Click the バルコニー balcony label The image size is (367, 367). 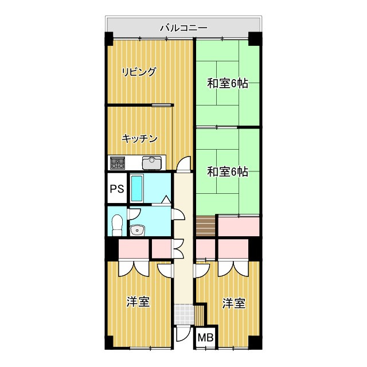tap(183, 26)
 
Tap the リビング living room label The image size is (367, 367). tap(139, 72)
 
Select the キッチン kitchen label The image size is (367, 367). tap(139, 138)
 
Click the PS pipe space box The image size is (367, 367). tap(117, 189)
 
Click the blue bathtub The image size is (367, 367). tap(137, 188)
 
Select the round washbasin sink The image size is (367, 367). tap(137, 231)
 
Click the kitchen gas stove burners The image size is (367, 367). tap(118, 163)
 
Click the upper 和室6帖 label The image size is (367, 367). tap(228, 84)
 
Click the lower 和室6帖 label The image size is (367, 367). tap(228, 171)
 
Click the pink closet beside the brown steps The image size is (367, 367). tap(238, 226)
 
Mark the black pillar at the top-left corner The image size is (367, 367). tap(109, 40)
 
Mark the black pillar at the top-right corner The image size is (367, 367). tap(255, 40)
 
